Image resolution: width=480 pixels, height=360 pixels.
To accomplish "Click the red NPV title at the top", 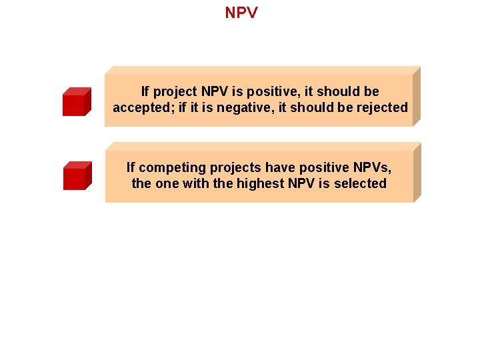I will coord(241,13).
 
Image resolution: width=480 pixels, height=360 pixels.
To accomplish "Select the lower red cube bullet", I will coord(76,176).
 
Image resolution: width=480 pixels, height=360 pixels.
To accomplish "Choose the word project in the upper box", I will coord(175,91).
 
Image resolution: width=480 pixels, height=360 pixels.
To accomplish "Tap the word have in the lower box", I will coord(280,167).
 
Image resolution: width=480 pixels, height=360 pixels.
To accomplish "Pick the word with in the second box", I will coord(195,183).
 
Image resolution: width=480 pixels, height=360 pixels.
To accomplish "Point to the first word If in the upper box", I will coord(145,91).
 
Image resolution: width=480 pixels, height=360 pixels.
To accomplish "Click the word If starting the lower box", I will coord(131,167).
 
